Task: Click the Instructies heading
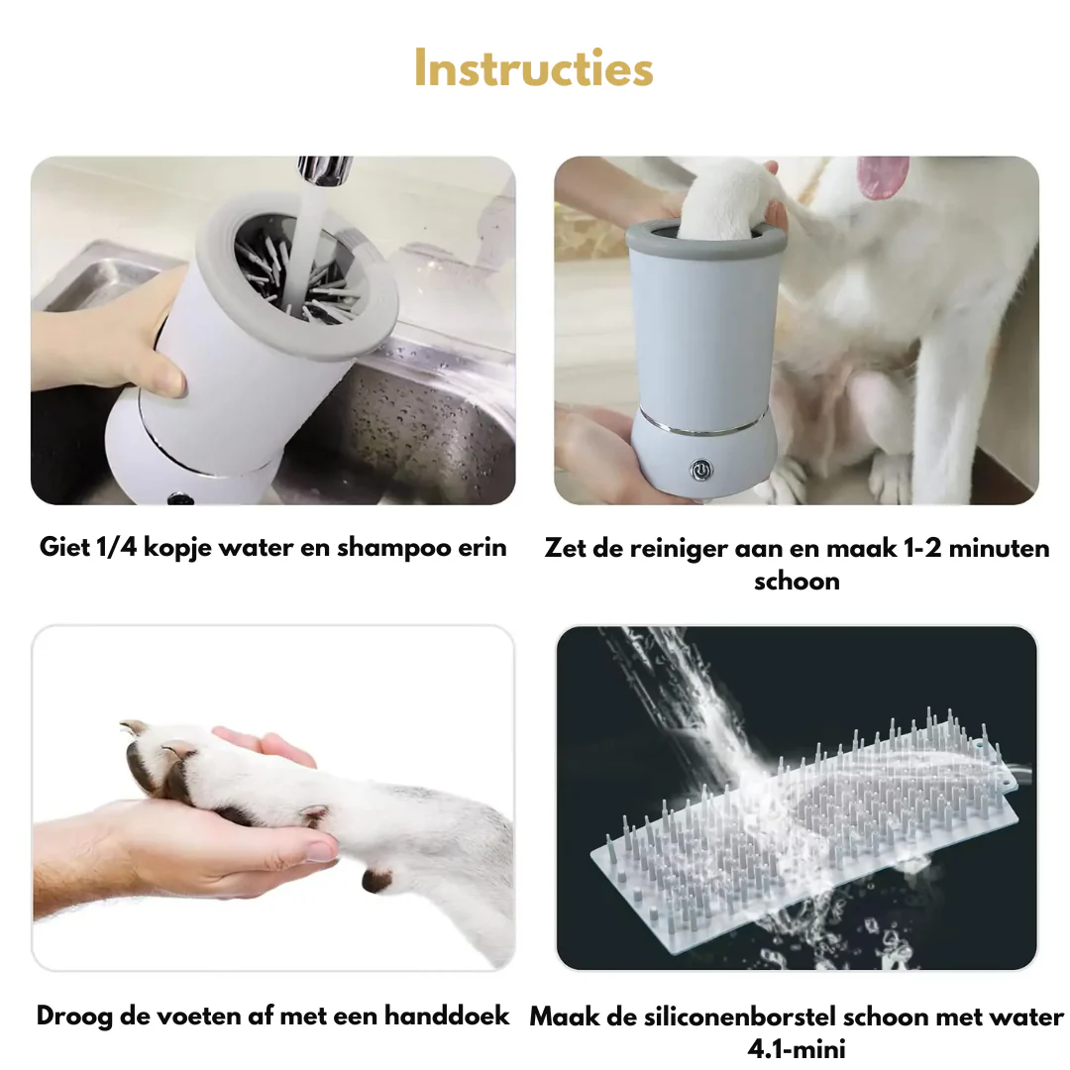coord(534,68)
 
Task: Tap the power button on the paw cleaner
coord(700,470)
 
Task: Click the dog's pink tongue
coord(883,176)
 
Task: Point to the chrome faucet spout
coord(325,170)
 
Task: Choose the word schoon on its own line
coord(797,582)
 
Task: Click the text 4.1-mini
coord(797,1048)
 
